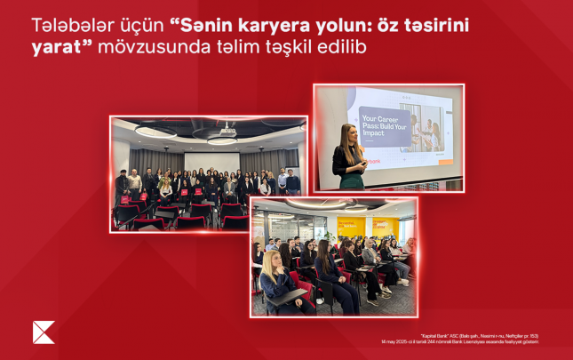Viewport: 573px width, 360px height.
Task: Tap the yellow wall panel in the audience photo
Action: [383, 228]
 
